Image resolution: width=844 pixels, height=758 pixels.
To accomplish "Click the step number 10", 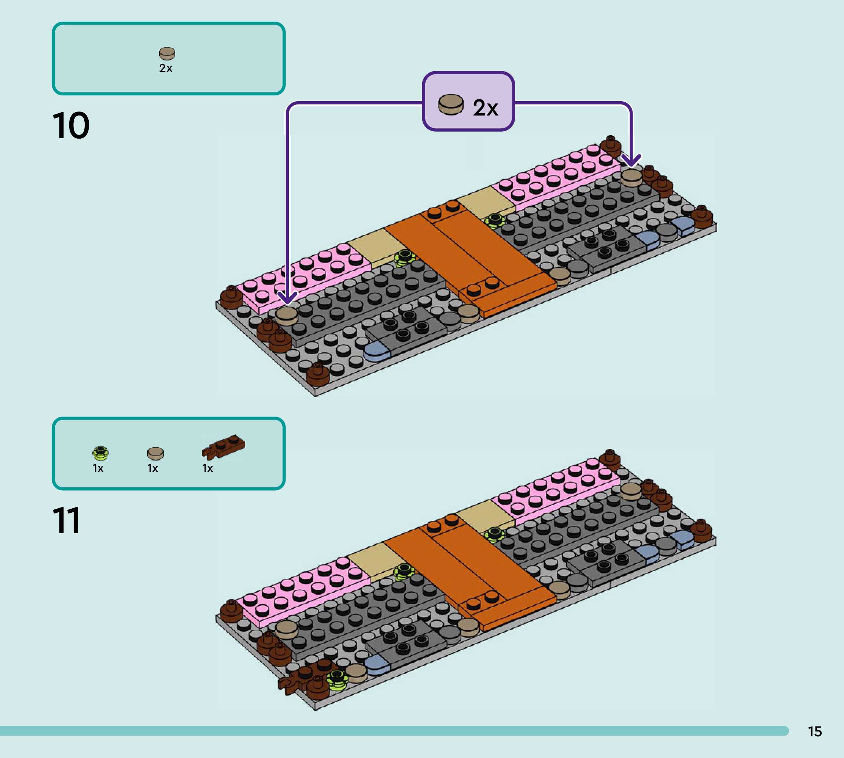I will coord(71,125).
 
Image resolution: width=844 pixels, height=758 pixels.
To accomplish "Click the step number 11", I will coord(67,520).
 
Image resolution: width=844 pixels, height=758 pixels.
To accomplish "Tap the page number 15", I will coord(814,731).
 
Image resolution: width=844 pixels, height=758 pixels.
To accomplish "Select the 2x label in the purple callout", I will coord(485,108).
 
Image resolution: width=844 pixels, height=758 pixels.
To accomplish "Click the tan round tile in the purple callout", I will coord(451,104).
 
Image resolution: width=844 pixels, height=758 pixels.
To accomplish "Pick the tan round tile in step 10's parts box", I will coord(167,53).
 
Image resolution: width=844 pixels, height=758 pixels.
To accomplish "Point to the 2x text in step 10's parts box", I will coord(166,68).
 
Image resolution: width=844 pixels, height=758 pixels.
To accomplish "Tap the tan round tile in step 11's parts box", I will coord(156,453).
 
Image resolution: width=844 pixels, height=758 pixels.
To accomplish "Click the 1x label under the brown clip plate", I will coord(208,469).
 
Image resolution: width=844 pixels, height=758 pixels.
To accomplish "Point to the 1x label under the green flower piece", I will coord(98,469).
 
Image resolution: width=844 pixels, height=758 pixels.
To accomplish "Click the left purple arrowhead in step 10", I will coord(287,298).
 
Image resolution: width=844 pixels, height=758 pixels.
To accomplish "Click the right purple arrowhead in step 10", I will coord(631,160).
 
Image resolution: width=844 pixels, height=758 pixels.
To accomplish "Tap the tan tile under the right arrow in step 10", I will coord(631,177).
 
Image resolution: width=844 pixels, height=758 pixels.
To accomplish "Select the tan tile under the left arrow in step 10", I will coord(286,316).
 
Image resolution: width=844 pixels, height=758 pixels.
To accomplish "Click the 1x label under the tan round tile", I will coord(153,469).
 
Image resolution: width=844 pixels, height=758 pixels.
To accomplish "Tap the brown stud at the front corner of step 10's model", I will coord(318,374).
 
